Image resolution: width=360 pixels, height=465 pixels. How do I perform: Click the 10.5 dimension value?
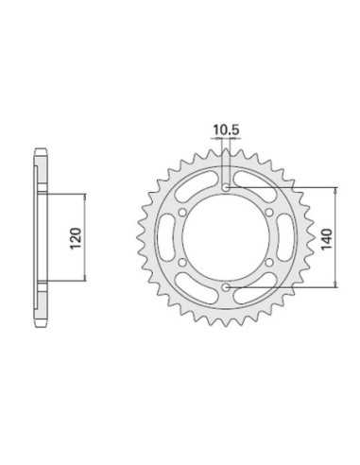(x=226, y=129)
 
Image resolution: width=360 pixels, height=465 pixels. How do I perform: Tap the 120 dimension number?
(x=76, y=237)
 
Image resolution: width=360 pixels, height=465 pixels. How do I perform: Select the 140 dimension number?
(x=327, y=238)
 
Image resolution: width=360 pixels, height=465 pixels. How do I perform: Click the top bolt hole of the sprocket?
(x=226, y=188)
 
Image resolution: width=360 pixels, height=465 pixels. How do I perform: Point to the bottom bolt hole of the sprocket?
(x=226, y=287)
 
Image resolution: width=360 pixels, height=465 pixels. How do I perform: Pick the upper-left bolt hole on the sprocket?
(x=182, y=213)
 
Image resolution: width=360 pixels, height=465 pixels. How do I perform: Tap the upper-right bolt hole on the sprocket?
(x=269, y=213)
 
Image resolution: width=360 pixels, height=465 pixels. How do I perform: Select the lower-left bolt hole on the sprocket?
(x=182, y=262)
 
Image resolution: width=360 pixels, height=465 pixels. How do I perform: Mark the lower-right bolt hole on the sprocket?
(x=269, y=262)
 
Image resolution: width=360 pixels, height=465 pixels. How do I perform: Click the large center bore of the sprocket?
(x=226, y=237)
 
